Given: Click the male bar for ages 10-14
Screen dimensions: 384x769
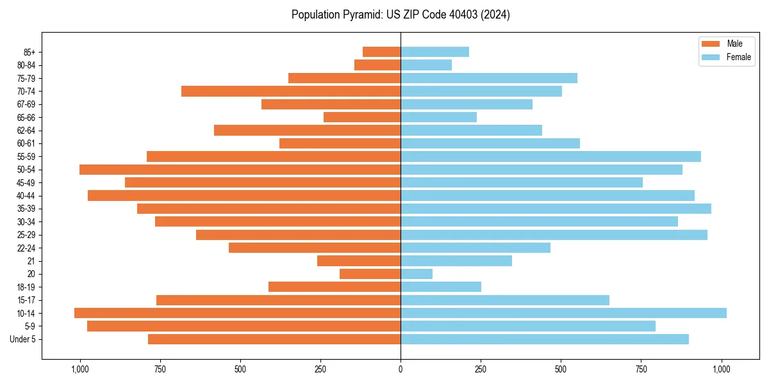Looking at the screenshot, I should point(237,313).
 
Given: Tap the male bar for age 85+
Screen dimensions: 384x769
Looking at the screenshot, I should point(381,52).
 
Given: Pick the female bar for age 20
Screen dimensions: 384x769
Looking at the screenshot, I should point(417,274).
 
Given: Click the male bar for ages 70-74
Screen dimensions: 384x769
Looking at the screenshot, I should point(291,91).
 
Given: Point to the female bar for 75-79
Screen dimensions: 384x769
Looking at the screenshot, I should point(489,78).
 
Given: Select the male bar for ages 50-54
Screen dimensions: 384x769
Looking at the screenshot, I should point(240,170).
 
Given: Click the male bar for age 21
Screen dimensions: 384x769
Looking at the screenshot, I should point(359,260).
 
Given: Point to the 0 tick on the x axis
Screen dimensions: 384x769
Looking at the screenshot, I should point(401,369).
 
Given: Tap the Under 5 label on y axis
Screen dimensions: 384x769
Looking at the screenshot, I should point(23,339).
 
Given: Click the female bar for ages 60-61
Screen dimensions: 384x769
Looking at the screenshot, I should point(490,143).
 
